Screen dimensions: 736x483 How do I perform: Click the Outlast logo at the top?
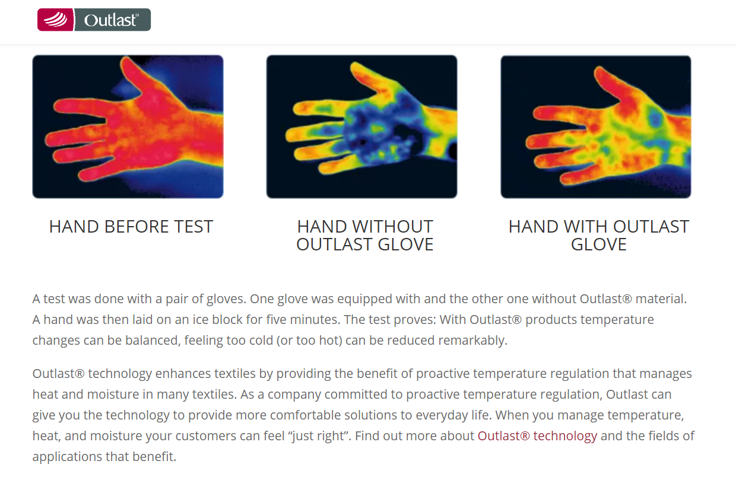pyautogui.click(x=94, y=20)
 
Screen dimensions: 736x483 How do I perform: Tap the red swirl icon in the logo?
pyautogui.click(x=56, y=20)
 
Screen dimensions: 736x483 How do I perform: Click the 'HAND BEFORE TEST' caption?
pyautogui.click(x=131, y=227)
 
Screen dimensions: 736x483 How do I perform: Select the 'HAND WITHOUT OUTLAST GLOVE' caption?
pyautogui.click(x=364, y=236)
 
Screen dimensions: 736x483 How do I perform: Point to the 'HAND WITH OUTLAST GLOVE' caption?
pyautogui.click(x=599, y=236)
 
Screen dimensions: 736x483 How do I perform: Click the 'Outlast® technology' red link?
pyautogui.click(x=537, y=436)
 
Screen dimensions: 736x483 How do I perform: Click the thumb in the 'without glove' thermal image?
pyautogui.click(x=372, y=79)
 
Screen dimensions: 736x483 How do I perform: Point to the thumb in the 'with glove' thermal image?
pyautogui.click(x=611, y=84)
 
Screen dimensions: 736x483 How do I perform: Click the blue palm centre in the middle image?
pyautogui.click(x=375, y=131)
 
